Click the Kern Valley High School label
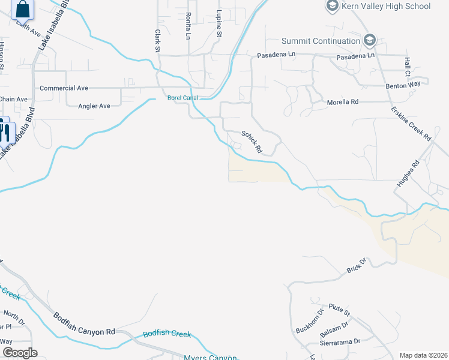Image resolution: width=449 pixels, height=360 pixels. (386, 7)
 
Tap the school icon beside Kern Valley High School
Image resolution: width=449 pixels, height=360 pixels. (332, 6)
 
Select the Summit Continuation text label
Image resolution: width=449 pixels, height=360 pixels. (321, 41)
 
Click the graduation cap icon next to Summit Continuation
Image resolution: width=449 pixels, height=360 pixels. (369, 41)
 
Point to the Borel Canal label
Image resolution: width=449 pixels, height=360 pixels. (182, 98)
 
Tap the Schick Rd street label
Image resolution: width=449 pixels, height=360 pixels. (253, 142)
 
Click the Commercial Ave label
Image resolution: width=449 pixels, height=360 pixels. (64, 88)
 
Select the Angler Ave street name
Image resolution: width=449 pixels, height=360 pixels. (94, 106)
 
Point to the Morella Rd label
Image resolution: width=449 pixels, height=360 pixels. (342, 102)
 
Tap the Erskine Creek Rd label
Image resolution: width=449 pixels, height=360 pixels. (411, 124)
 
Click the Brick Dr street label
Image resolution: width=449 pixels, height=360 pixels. (357, 266)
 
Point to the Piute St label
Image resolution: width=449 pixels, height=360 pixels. (339, 310)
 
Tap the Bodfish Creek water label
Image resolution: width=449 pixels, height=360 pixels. (167, 334)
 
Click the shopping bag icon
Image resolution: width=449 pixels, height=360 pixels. (23, 8)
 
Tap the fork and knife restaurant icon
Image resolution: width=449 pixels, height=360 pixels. (4, 131)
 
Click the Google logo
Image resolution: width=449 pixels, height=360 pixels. (19, 353)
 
